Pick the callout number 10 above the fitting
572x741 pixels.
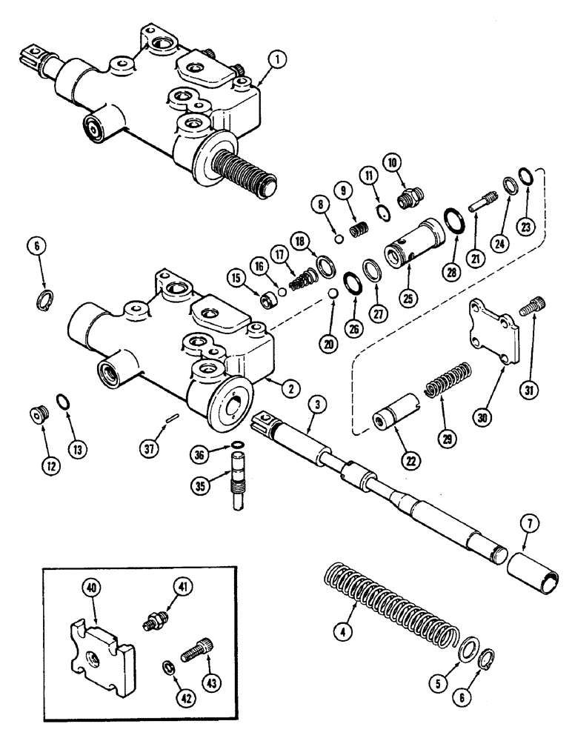tap(391, 162)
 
